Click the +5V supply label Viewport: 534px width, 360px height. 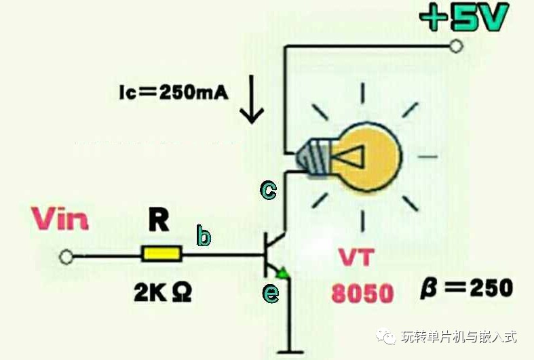[464, 17]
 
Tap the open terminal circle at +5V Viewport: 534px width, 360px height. [456, 45]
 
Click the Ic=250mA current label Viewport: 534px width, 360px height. [174, 92]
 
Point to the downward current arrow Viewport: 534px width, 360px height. [252, 100]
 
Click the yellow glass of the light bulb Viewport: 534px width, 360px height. [366, 157]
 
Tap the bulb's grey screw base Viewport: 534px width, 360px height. [313, 158]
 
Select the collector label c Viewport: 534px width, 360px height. [269, 190]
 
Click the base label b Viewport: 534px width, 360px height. [204, 235]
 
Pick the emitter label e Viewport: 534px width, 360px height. [271, 294]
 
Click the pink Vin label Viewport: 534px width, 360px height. [60, 218]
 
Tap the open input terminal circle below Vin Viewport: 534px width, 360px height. [66, 257]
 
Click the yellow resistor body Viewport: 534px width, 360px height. [161, 254]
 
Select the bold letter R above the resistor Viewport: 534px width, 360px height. [159, 220]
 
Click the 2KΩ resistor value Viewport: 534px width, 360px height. [162, 293]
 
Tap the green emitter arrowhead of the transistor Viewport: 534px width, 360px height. [283, 273]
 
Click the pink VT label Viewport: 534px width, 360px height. [357, 258]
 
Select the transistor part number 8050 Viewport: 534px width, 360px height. [362, 294]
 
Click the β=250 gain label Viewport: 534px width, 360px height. [467, 288]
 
